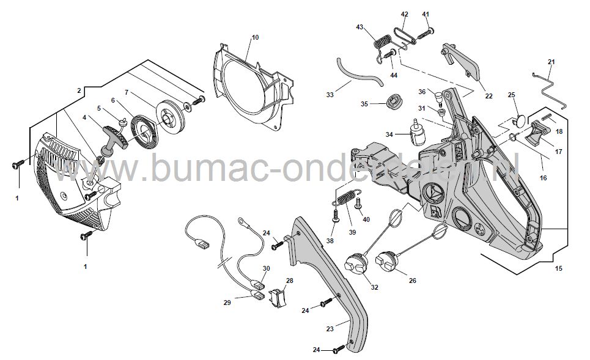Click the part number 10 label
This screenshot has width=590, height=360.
tap(255, 37)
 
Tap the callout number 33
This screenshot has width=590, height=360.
tap(330, 95)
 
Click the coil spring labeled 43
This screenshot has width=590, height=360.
tap(382, 43)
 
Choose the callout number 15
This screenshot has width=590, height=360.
tap(559, 268)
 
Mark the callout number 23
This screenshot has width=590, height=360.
tap(330, 329)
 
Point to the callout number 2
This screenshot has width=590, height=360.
tap(79, 90)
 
